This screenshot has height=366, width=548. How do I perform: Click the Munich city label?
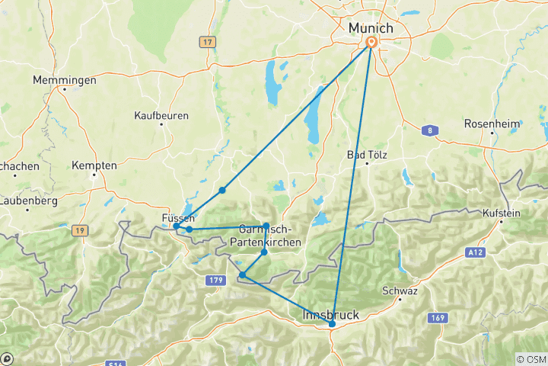pyautogui.click(x=371, y=28)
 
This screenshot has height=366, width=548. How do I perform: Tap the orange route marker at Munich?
pyautogui.click(x=371, y=43)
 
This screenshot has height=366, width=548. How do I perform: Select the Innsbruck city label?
pyautogui.click(x=331, y=314)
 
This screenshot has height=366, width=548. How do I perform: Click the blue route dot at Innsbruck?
pyautogui.click(x=332, y=324)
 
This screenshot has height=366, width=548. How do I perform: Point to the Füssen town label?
pyautogui.click(x=179, y=218)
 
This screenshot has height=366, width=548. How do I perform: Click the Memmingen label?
pyautogui.click(x=65, y=80)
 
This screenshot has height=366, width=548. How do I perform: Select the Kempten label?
pyautogui.click(x=94, y=165)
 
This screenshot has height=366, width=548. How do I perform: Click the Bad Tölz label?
pyautogui.click(x=368, y=155)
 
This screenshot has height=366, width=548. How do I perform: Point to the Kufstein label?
pyautogui.click(x=501, y=213)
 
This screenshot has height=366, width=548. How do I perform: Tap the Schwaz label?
pyautogui.click(x=400, y=291)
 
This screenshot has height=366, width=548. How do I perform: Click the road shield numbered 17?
pyautogui.click(x=207, y=43)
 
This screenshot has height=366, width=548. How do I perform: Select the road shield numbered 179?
pyautogui.click(x=215, y=281)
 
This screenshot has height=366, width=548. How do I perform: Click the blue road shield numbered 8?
pyautogui.click(x=430, y=131)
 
